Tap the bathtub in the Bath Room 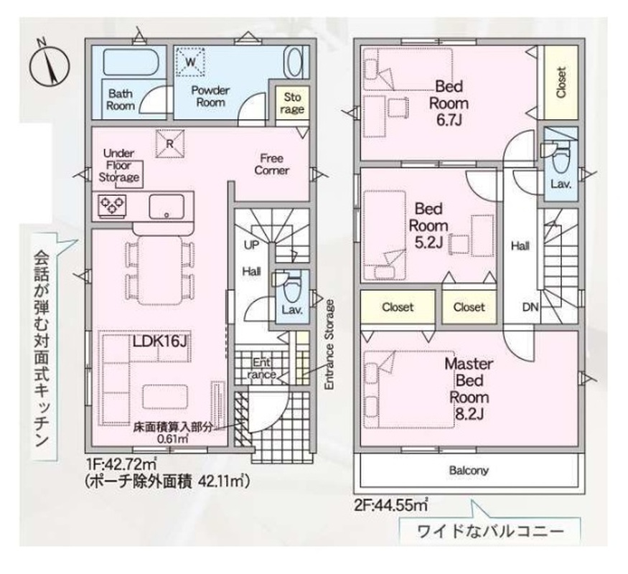133,62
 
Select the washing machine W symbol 191,61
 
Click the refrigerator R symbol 170,143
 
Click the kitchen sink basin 167,206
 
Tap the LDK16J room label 160,341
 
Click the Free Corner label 271,164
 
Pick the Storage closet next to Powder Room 292,103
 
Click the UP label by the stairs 251,245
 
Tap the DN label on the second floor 530,307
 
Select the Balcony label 469,470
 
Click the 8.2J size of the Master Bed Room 469,414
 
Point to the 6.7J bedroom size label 449,120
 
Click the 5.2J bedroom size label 428,243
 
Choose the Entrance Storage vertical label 329,344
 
